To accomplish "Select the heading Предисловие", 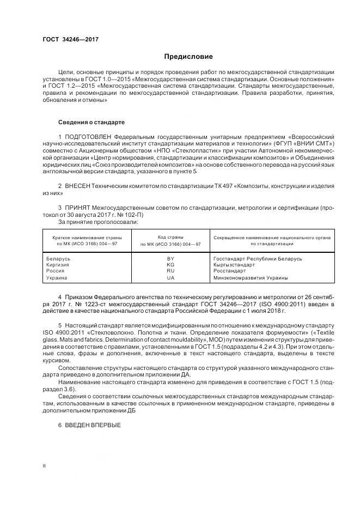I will tap(189, 57).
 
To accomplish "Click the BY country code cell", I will tap(170, 258).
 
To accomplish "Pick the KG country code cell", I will tap(170, 265).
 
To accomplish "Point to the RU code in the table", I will tap(170, 271).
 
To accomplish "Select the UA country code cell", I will tap(170, 278).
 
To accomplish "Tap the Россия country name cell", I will tap(56, 271).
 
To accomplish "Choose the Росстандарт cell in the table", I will tap(230, 271).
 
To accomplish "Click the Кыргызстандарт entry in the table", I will tap(234, 265).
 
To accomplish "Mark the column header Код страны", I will tap(170, 238).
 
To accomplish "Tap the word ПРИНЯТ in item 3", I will tap(78, 208).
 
